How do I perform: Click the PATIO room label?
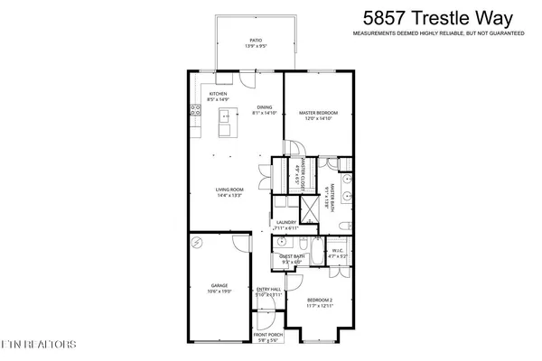point(256,41)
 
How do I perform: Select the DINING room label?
point(264,106)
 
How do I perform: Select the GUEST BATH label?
point(291,256)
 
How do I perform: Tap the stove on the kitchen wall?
point(195,111)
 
